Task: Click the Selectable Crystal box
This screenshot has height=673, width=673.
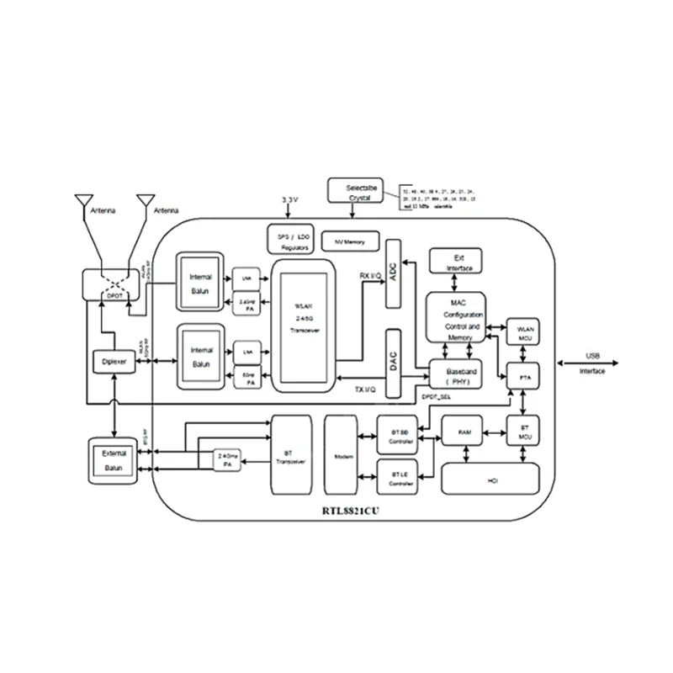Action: pyautogui.click(x=360, y=192)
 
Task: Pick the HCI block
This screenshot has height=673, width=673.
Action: pyautogui.click(x=490, y=479)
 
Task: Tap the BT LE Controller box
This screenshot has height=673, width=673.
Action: pyautogui.click(x=399, y=478)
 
